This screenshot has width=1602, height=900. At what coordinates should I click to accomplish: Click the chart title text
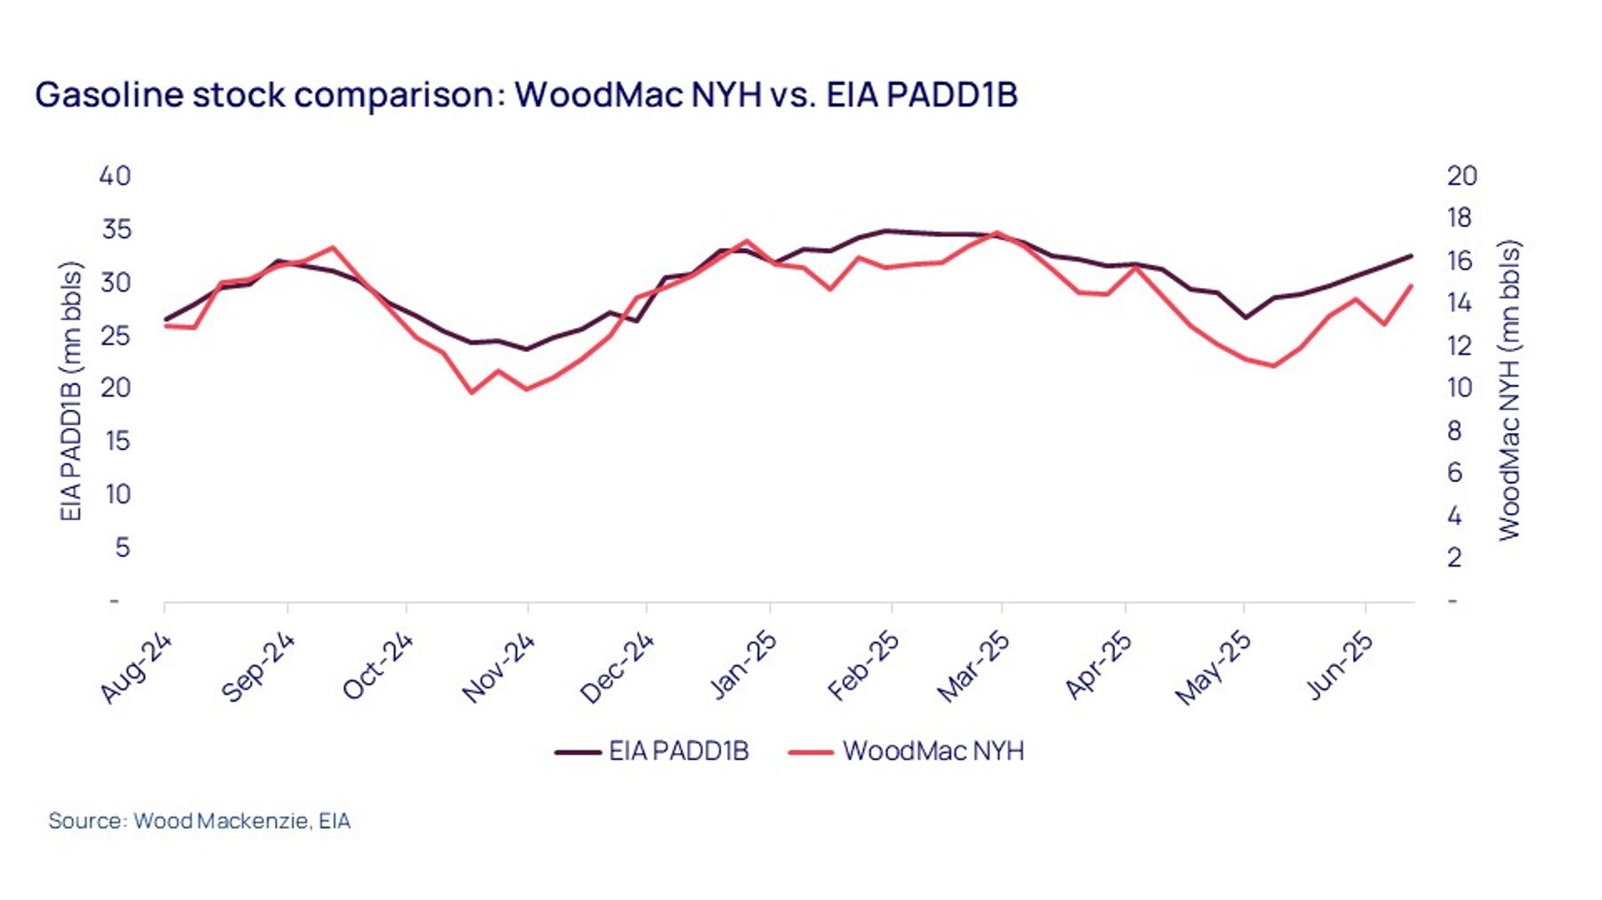[x=526, y=94]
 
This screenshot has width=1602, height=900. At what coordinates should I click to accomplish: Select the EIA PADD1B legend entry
[x=651, y=751]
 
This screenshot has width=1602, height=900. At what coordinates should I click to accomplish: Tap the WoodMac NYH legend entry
[x=906, y=751]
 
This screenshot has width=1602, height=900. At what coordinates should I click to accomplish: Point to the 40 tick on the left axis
[x=115, y=176]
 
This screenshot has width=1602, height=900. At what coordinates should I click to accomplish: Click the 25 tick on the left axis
[x=116, y=335]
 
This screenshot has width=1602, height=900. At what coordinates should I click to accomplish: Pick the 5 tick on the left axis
[x=123, y=547]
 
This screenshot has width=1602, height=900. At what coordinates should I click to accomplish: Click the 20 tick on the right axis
[x=1462, y=176]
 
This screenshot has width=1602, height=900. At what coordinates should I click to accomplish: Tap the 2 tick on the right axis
[x=1454, y=558]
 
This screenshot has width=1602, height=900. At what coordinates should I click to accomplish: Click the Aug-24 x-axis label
[x=135, y=669]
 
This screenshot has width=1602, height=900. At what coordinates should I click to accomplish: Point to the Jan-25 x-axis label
[x=742, y=666]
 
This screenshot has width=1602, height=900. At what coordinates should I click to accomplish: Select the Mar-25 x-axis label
[x=974, y=668]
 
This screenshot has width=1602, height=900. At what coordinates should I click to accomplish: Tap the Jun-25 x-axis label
[x=1339, y=666]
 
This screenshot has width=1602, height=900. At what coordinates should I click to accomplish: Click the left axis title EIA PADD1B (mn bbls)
[x=70, y=391]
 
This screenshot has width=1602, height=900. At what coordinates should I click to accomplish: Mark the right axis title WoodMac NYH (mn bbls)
[x=1509, y=390]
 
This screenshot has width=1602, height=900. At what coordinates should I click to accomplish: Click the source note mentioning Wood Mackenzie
[x=199, y=821]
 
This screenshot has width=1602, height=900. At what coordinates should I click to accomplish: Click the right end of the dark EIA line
[x=1412, y=256]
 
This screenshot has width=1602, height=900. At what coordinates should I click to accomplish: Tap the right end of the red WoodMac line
[x=1412, y=285]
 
